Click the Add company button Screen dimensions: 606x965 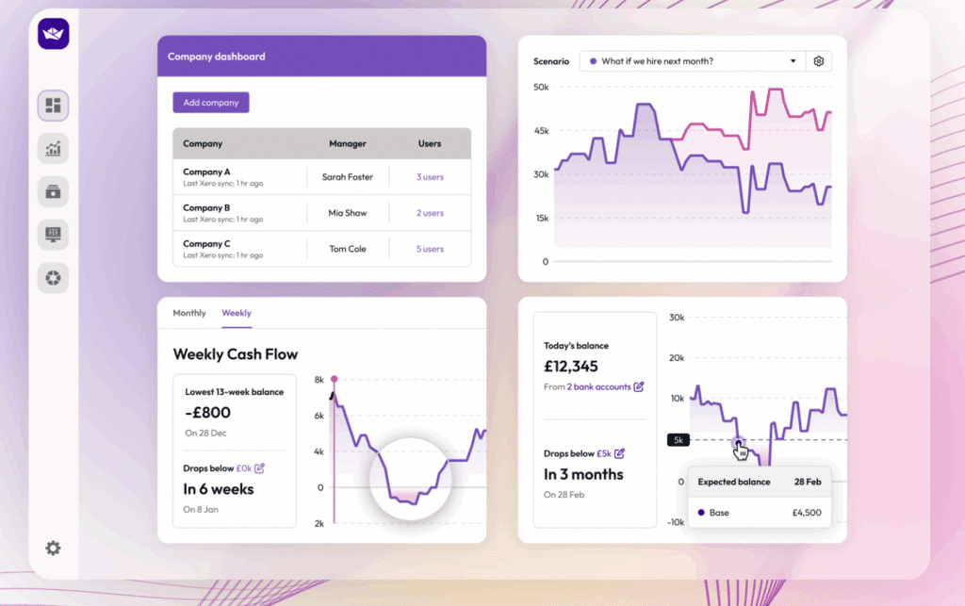[x=211, y=103]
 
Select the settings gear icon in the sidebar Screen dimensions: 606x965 [x=53, y=548]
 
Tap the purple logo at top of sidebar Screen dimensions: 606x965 [x=54, y=34]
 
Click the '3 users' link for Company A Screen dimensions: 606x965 [x=430, y=177]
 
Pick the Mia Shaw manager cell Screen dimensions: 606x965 [x=348, y=213]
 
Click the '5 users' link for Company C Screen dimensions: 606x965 [x=430, y=249]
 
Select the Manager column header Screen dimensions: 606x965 [x=348, y=144]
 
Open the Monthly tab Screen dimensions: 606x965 [x=189, y=313]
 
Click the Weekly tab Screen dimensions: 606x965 [x=237, y=313]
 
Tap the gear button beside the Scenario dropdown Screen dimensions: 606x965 [x=819, y=61]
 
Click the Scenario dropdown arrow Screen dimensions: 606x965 [x=793, y=61]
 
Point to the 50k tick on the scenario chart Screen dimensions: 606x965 [x=541, y=88]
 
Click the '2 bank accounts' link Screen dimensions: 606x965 [x=599, y=386]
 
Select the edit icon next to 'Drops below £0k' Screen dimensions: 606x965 [x=260, y=467]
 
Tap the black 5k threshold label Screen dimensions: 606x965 [x=679, y=440]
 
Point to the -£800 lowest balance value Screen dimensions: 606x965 [x=207, y=412]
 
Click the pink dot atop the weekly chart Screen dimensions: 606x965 [x=334, y=379]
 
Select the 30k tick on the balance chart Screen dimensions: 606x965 [x=677, y=318]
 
